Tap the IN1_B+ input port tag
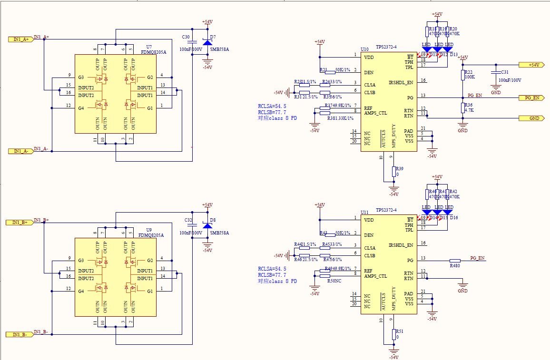(x=20, y=222)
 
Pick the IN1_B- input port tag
(x=20, y=334)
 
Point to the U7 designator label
(x=149, y=47)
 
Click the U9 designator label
(x=149, y=229)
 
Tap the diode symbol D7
(x=207, y=42)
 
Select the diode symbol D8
(x=207, y=225)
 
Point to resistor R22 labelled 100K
(x=462, y=75)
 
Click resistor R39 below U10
(x=394, y=171)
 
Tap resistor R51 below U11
(x=394, y=334)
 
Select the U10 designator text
(x=364, y=49)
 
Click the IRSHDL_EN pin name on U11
(x=401, y=245)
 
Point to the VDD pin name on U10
(x=369, y=58)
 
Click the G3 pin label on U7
(x=81, y=77)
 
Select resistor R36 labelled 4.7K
(x=462, y=108)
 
